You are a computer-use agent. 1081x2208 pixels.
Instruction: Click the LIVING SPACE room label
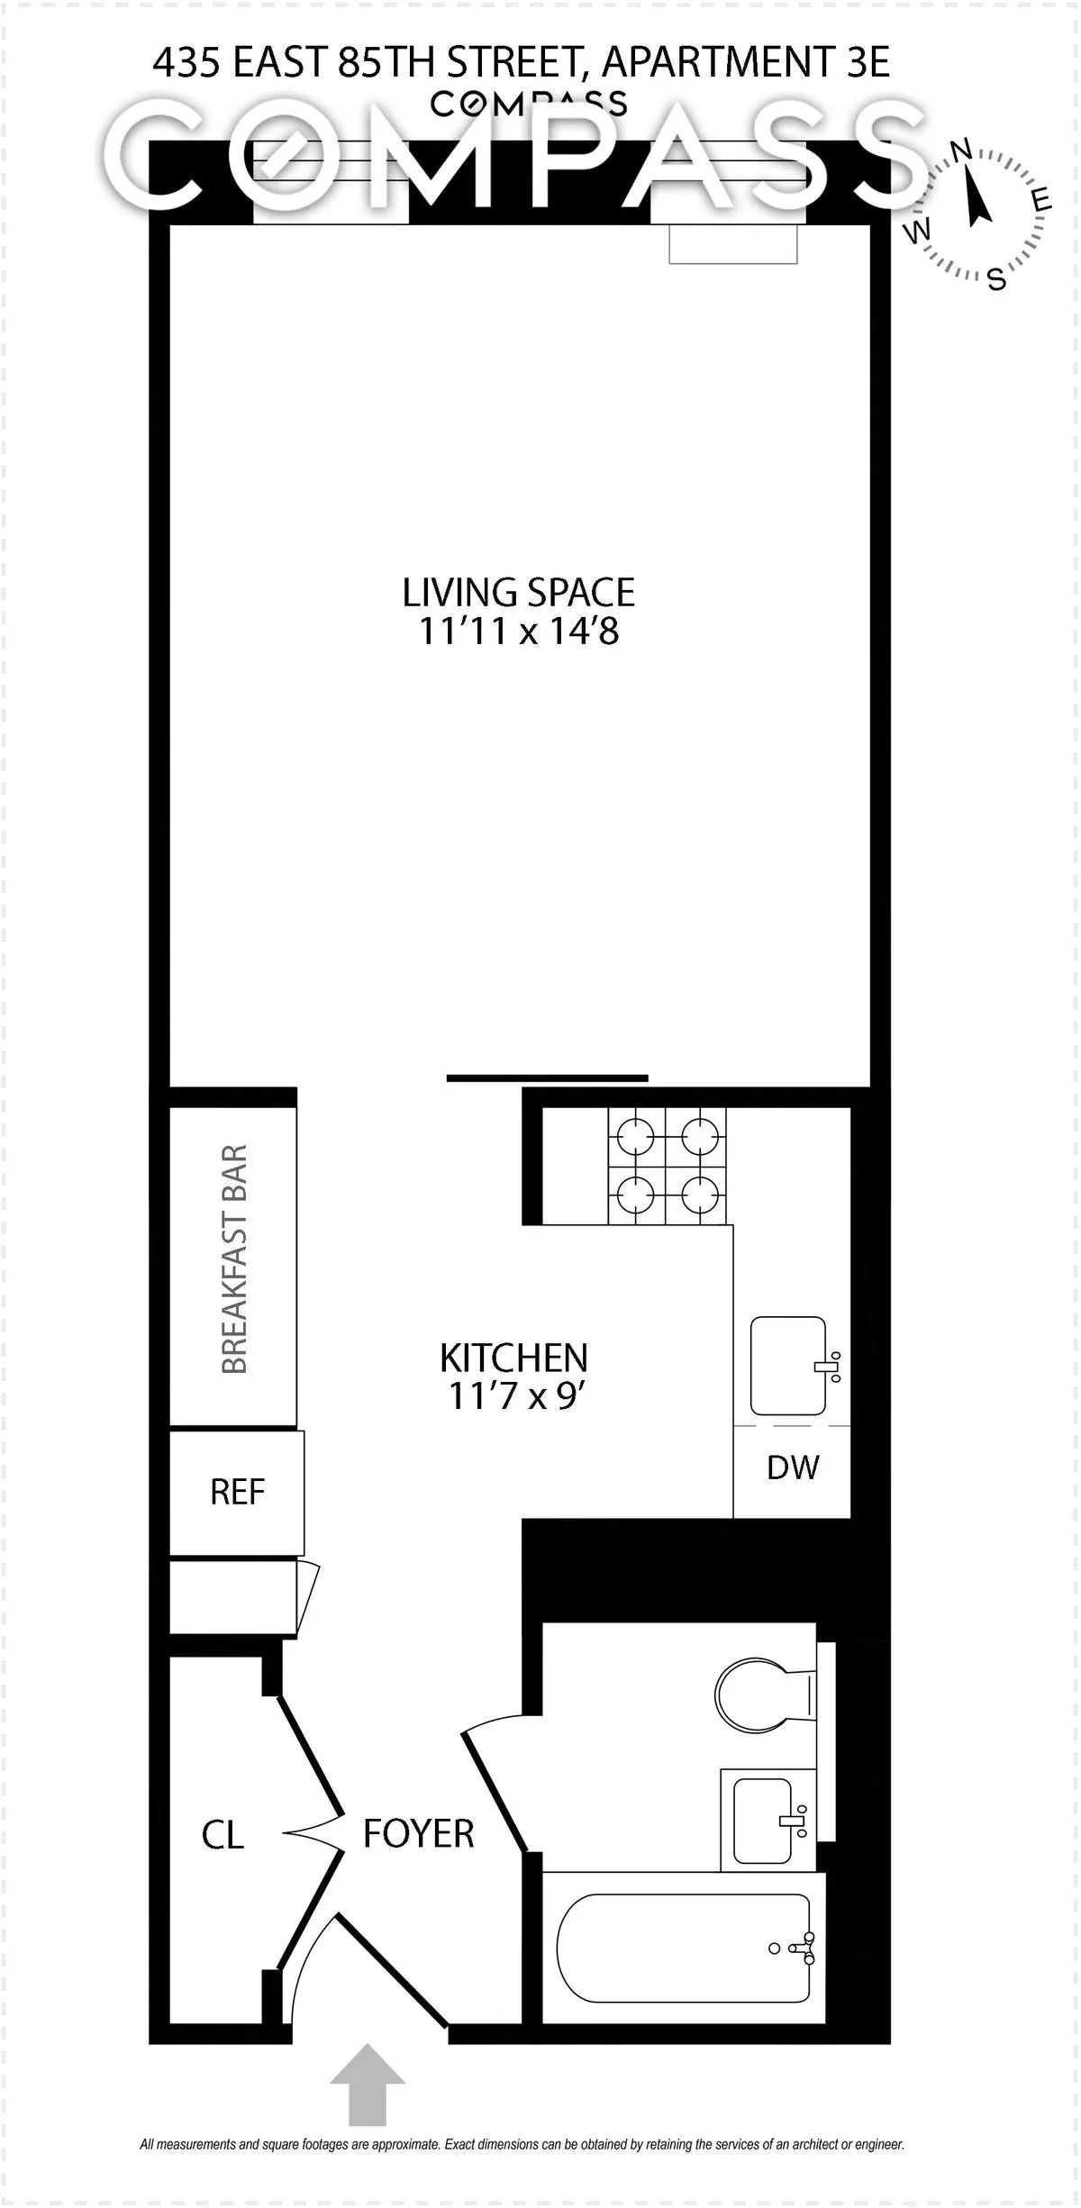518,593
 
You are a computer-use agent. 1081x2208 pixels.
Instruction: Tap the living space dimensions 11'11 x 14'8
519,632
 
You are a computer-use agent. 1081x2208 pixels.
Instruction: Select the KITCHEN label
513,1358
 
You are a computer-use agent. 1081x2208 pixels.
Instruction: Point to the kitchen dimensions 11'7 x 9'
513,1396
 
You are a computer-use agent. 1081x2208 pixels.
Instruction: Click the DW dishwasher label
793,1467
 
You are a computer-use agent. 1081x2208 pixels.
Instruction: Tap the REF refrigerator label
237,1493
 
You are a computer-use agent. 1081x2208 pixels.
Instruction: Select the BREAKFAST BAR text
233,1259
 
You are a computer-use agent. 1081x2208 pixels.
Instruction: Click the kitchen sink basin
788,1366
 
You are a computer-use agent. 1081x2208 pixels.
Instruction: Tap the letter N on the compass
961,150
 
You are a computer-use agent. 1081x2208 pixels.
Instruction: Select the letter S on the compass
996,278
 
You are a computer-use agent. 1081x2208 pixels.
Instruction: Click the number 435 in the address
186,63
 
